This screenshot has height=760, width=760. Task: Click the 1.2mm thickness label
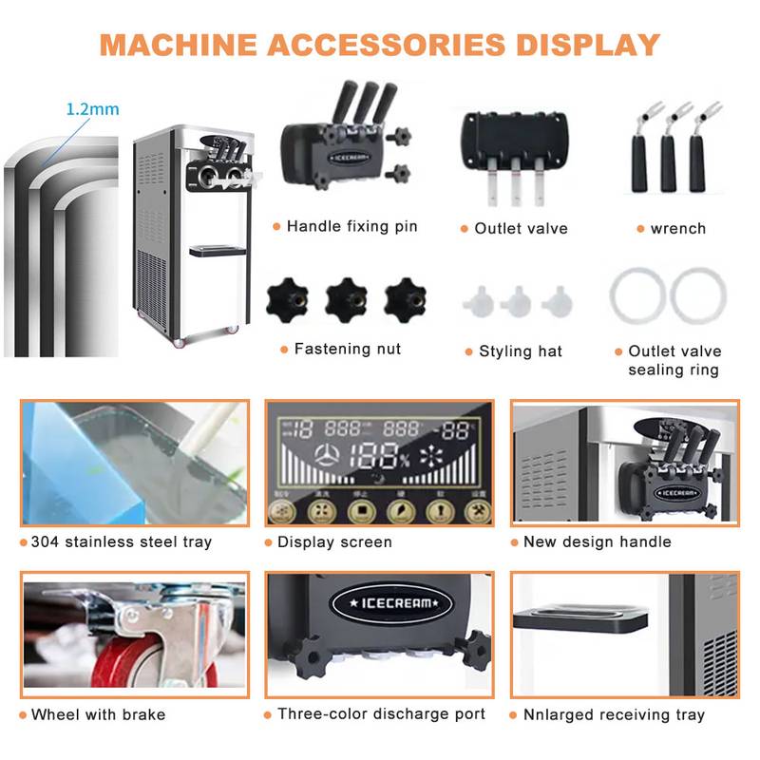pyautogui.click(x=92, y=109)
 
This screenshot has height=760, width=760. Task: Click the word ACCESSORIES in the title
pyautogui.click(x=380, y=44)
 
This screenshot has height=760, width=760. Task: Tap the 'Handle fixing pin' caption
pyautogui.click(x=351, y=227)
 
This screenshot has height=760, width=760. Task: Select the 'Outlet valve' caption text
pyautogui.click(x=521, y=229)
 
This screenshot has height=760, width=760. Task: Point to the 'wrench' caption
pyautogui.click(x=678, y=229)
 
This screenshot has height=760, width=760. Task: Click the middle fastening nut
pyautogui.click(x=347, y=299)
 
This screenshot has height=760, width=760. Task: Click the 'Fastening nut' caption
pyautogui.click(x=347, y=350)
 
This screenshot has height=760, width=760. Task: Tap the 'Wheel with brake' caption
pyautogui.click(x=98, y=714)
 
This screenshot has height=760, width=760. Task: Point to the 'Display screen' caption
pyautogui.click(x=334, y=542)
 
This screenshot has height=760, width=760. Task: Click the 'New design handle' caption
pyautogui.click(x=597, y=542)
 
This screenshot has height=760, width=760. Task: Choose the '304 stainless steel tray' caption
pyautogui.click(x=121, y=542)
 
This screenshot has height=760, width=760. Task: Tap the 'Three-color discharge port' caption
pyautogui.click(x=381, y=714)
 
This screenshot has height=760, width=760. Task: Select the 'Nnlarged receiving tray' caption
pyautogui.click(x=614, y=714)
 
